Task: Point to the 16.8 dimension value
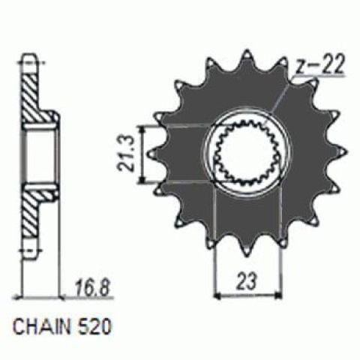pos(88,286)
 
